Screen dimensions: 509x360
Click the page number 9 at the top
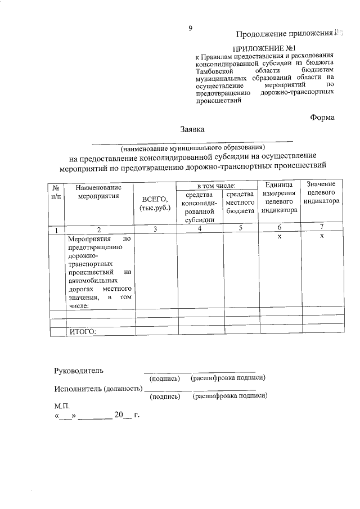click(191, 29)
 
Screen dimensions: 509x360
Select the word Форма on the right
click(322, 117)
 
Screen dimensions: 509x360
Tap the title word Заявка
click(192, 129)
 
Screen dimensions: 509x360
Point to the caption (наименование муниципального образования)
click(192, 147)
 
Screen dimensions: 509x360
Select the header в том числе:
click(215, 185)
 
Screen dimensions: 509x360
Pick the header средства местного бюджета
click(241, 202)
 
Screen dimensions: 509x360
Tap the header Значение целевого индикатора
click(322, 192)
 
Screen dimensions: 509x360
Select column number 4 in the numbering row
click(199, 229)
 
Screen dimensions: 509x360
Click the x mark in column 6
click(279, 237)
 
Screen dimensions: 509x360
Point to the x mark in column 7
click(322, 237)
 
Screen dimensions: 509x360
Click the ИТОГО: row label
click(83, 331)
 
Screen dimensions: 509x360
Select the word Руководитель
click(79, 371)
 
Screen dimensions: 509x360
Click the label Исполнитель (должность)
click(97, 389)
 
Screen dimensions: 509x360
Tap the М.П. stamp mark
click(61, 405)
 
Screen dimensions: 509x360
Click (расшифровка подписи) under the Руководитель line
click(228, 379)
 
